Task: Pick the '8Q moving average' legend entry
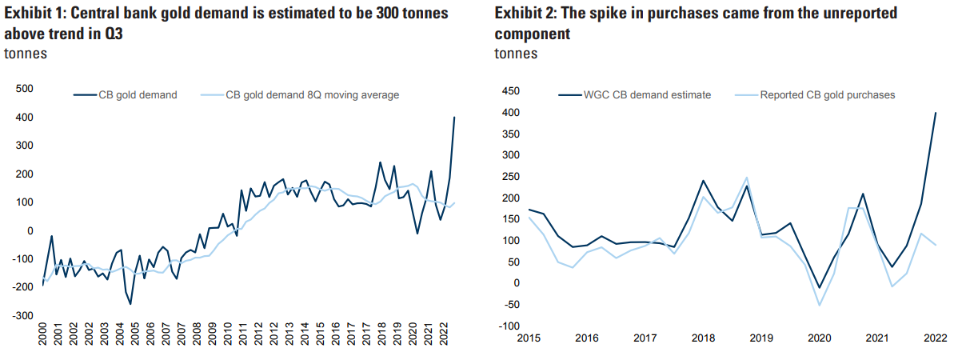312,94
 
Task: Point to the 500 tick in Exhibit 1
24,89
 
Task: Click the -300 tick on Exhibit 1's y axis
22,316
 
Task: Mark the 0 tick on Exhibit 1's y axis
30,231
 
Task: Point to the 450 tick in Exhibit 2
510,91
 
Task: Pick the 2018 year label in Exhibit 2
704,339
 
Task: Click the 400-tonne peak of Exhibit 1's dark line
454,118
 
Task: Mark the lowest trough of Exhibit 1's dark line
130,304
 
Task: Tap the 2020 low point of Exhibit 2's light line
819,305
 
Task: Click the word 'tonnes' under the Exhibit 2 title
516,54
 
